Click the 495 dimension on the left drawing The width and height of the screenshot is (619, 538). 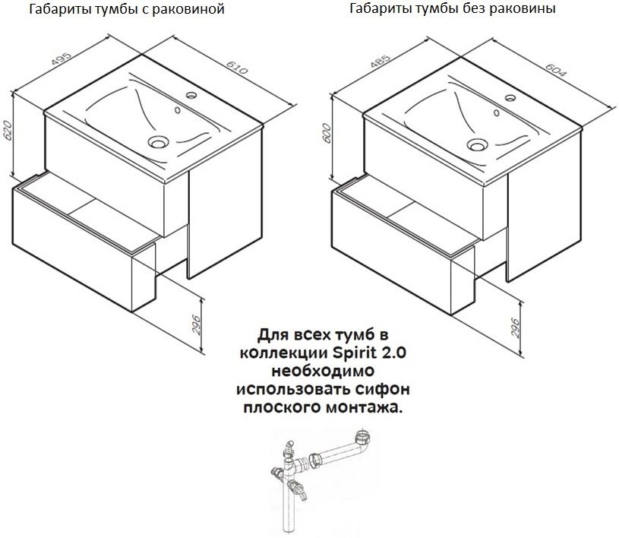62,59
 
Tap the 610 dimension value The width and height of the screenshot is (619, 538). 237,68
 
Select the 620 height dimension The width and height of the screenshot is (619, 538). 8,131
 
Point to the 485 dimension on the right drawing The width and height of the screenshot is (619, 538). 381,62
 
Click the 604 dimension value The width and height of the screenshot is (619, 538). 556,71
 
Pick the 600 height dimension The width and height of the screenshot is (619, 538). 327,134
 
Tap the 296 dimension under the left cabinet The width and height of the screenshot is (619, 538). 196,324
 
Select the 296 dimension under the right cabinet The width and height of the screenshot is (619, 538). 515,328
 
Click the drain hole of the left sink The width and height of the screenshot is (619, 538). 158,141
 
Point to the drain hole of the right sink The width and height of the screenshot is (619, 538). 477,144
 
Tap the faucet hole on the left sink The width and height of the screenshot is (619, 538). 191,95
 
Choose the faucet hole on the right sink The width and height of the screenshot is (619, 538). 510,97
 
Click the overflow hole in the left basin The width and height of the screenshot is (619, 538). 178,110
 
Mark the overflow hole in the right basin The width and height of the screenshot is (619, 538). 497,113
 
